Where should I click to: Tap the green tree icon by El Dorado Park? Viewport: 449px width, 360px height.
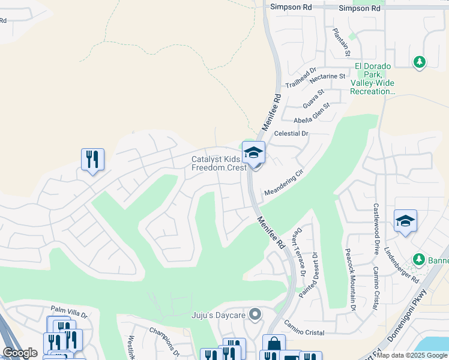click(x=420, y=62)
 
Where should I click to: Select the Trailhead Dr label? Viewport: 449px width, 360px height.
click(x=301, y=78)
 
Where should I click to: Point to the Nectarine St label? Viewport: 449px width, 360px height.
click(x=327, y=76)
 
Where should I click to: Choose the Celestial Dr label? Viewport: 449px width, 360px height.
click(x=291, y=133)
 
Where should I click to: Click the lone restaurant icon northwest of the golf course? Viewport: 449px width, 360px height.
click(x=92, y=160)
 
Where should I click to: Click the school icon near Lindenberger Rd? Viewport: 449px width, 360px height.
click(x=405, y=221)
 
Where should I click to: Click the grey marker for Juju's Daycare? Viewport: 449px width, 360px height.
click(x=255, y=314)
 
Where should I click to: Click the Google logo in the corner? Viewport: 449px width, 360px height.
click(x=20, y=353)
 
